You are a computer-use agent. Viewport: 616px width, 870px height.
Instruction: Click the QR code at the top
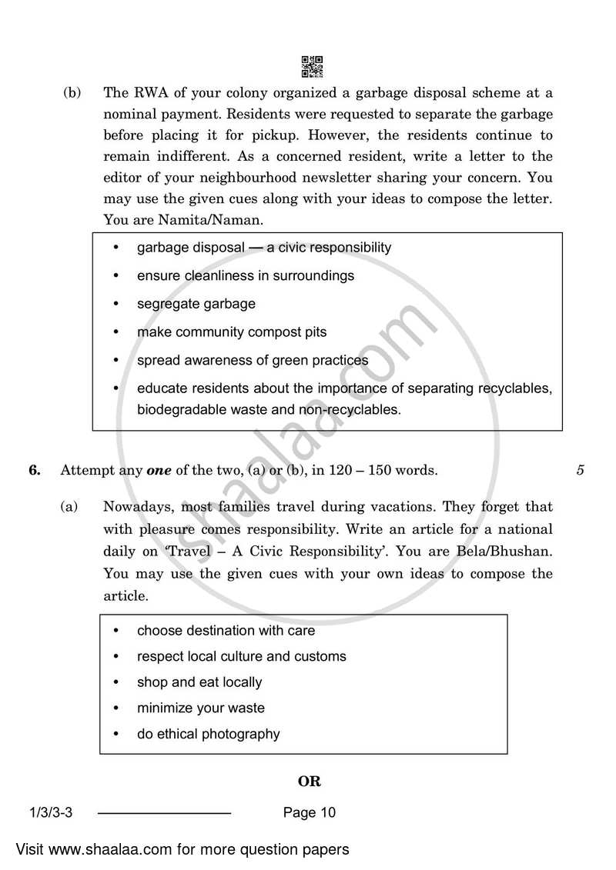312,67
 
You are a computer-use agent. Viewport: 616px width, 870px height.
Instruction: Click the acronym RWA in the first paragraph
146,94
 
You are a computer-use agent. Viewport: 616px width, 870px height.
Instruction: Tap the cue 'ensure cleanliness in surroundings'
245,275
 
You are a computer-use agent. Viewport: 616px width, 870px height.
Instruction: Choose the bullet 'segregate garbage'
196,304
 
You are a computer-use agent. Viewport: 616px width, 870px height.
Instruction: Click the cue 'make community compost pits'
231,332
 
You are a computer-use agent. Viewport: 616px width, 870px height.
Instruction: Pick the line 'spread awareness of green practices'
252,360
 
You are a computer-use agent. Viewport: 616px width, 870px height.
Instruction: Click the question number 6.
34,471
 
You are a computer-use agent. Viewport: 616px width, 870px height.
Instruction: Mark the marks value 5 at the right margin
580,471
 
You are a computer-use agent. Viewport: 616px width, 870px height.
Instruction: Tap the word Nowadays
136,507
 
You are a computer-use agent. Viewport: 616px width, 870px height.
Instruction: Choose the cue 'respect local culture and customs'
241,656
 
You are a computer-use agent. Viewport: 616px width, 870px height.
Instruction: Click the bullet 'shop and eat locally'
199,682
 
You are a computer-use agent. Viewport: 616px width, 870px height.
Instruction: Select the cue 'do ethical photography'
208,734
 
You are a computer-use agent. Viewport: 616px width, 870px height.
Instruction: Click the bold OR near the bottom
309,782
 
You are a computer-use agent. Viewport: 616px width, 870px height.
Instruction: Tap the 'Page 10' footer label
310,812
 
